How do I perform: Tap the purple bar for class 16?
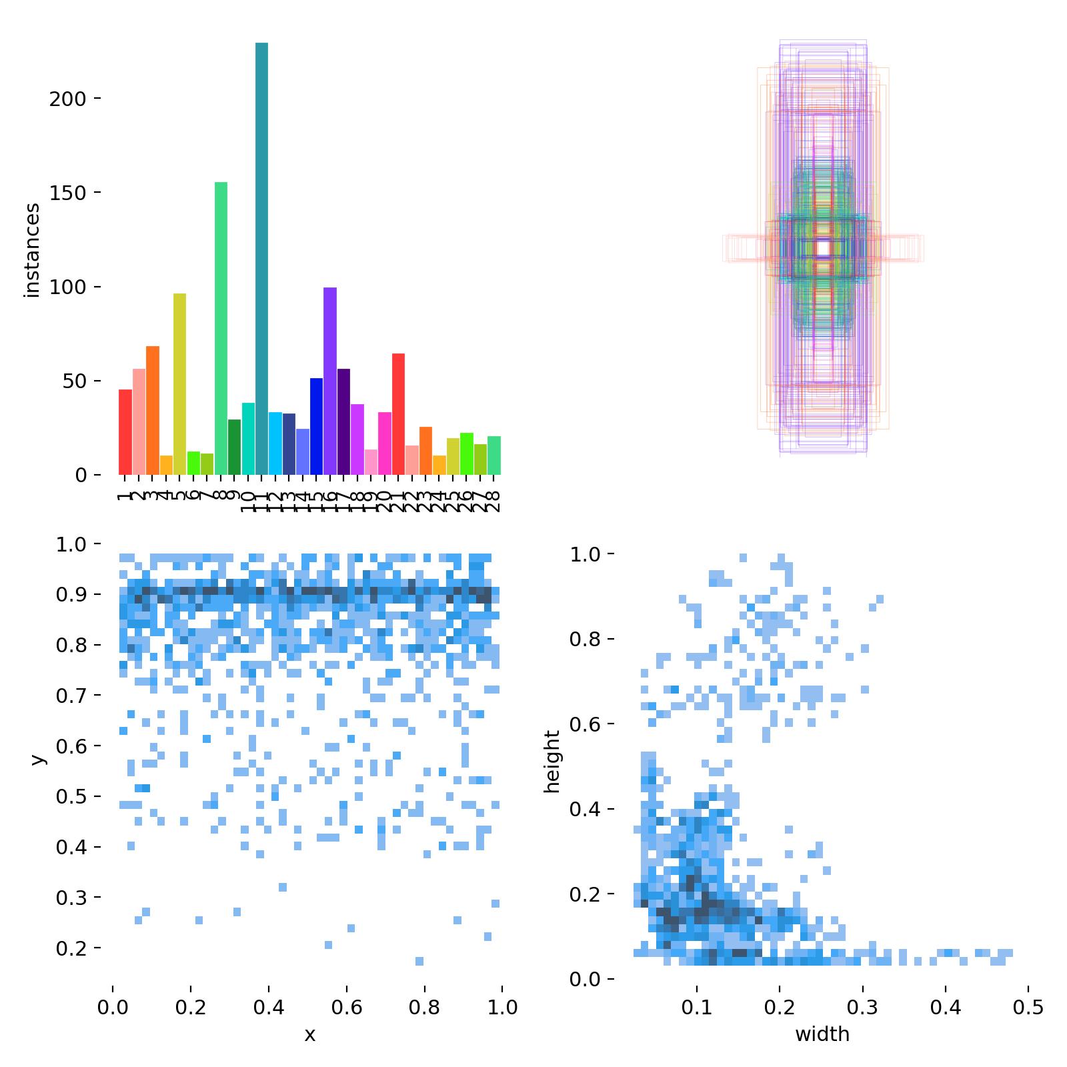pos(330,381)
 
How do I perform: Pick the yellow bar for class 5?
pos(179,384)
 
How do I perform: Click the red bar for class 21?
pos(398,413)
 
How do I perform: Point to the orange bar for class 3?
pos(152,410)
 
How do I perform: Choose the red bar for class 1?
pos(125,432)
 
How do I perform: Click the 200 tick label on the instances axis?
pos(67,99)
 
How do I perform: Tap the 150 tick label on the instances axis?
pos(67,193)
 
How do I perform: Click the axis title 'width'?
pos(822,1034)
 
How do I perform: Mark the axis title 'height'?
pos(552,762)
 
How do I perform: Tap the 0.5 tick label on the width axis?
pos(1028,1006)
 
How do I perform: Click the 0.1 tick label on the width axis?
pos(697,1006)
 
